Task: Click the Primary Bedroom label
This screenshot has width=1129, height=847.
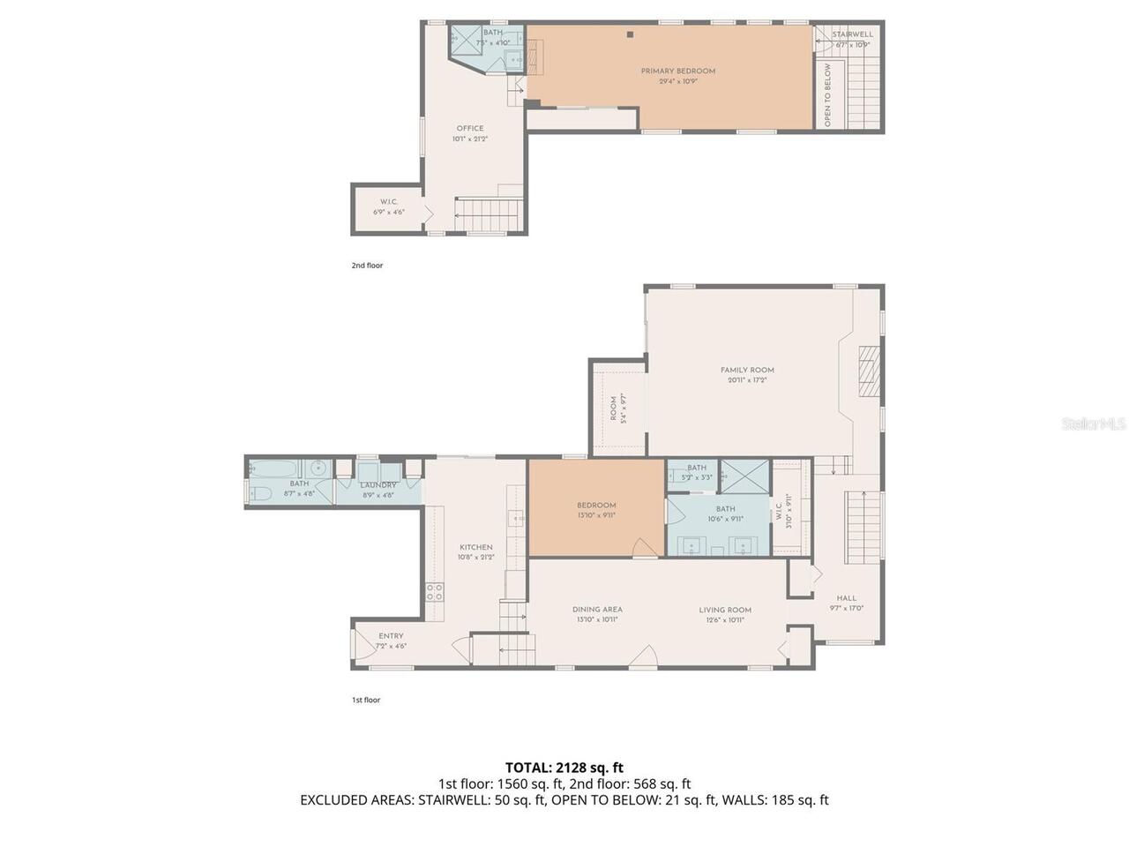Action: (x=677, y=71)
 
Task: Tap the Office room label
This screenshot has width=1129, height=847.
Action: (x=469, y=129)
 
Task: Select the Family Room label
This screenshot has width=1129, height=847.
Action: (x=747, y=371)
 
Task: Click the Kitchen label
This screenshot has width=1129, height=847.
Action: (x=475, y=548)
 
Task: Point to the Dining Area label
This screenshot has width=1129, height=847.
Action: (x=597, y=610)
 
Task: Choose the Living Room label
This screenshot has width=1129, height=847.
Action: (x=725, y=610)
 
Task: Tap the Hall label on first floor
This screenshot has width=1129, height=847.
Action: (x=846, y=598)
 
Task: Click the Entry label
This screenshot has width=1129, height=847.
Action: (x=391, y=636)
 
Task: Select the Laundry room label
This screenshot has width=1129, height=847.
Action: (x=378, y=485)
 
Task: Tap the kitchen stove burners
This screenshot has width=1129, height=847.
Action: (x=434, y=592)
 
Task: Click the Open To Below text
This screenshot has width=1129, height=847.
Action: (x=827, y=95)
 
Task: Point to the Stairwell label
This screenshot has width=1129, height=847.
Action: (x=852, y=34)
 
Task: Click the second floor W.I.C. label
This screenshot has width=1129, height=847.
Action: (x=389, y=202)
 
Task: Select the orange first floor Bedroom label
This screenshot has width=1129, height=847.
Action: (x=596, y=506)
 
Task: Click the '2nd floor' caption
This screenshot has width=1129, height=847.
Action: (x=367, y=266)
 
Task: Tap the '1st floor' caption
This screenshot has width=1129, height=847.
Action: (x=366, y=700)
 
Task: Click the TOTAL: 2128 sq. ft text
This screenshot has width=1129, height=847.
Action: (x=564, y=768)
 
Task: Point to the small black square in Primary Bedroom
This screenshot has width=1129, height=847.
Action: (x=631, y=35)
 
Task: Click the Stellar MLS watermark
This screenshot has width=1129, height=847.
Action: (x=1093, y=424)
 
